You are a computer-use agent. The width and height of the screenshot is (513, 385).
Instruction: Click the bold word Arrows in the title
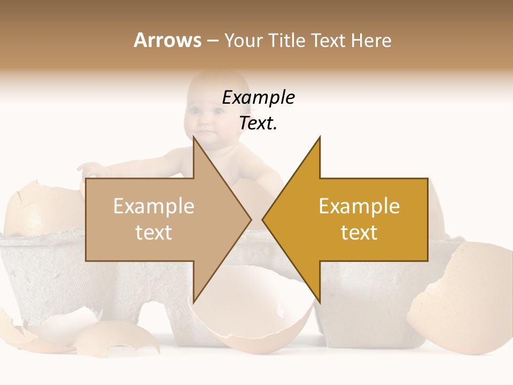167,40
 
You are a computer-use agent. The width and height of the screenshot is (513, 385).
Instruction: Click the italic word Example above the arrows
258,98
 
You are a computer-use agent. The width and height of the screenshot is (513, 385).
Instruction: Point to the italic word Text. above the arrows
258,124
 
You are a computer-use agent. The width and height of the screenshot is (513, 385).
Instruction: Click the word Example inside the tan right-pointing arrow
154,206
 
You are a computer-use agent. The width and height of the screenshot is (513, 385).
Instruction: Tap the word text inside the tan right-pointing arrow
154,233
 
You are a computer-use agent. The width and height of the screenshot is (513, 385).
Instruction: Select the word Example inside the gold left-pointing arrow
359,206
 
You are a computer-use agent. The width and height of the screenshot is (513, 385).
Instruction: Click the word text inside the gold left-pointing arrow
359,233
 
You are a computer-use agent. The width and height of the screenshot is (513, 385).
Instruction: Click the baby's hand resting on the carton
91,170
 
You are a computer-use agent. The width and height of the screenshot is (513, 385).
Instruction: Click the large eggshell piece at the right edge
465,299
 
